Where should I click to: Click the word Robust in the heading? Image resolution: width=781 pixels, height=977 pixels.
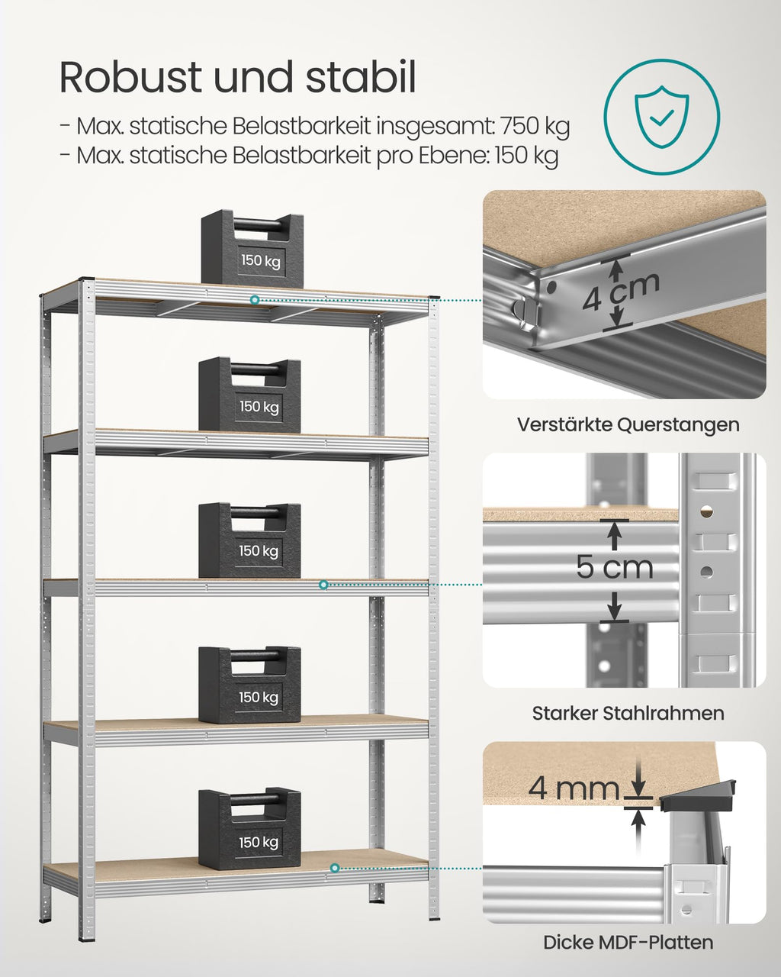[130, 77]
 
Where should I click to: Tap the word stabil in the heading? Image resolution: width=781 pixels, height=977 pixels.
[361, 77]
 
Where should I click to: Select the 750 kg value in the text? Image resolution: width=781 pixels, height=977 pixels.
[535, 127]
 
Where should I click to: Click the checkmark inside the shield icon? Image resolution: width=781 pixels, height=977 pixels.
[661, 118]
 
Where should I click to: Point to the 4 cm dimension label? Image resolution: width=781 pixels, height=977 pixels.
[620, 292]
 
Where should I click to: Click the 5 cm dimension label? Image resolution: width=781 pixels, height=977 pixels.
[615, 567]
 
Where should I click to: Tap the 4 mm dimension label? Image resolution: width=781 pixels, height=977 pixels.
[574, 788]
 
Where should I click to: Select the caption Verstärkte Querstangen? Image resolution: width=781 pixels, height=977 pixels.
[628, 425]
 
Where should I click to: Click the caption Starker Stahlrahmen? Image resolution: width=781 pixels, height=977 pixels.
[628, 713]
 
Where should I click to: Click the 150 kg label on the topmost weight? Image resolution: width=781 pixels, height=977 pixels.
[261, 260]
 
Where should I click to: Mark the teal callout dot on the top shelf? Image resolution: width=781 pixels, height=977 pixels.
[255, 300]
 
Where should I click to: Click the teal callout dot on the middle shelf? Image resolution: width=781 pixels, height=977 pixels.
[323, 585]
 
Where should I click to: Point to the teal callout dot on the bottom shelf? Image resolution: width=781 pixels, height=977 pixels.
[335, 868]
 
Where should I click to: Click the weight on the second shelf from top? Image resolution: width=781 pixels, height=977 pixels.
[249, 394]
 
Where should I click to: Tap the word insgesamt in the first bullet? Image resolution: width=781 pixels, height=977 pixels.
[435, 127]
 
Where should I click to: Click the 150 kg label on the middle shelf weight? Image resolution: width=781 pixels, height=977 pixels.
[259, 551]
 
